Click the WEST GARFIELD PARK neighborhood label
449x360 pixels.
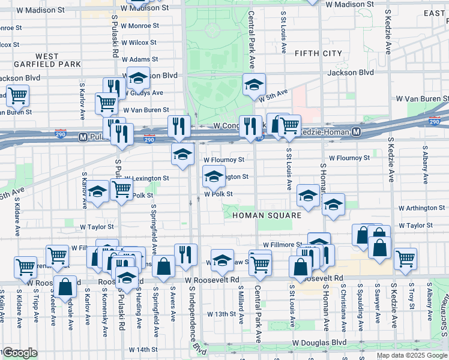coord(46,60)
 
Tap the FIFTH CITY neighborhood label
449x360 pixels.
coord(318,53)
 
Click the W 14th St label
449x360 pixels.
coord(143,349)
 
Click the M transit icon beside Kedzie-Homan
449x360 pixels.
coord(357,131)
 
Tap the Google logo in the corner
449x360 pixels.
coord(20,353)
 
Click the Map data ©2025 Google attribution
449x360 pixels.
coord(411,355)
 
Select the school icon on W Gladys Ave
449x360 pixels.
coord(138,78)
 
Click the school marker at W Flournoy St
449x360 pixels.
coord(182,154)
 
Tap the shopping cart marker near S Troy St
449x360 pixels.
coord(406,259)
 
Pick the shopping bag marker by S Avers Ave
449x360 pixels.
coord(163,266)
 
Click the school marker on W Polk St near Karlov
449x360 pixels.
coord(97,192)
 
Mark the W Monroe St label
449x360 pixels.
coord(139,26)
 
